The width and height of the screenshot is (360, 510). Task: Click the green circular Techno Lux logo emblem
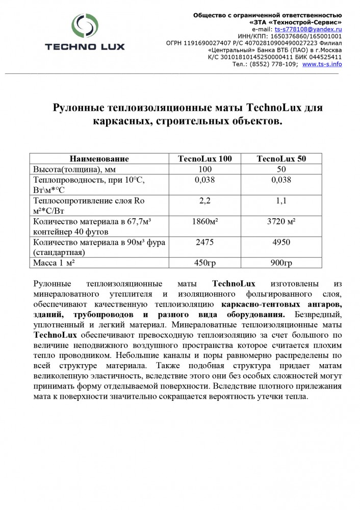click(84, 27)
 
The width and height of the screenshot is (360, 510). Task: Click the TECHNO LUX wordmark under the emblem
click(85, 47)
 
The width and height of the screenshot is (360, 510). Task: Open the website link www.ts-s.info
click(322, 64)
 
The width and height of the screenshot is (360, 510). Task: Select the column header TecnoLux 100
click(204, 159)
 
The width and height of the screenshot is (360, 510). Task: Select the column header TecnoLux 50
click(281, 159)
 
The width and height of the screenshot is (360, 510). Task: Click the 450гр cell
click(204, 263)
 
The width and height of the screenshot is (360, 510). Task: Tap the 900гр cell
click(281, 263)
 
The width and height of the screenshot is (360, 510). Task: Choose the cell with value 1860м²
click(204, 221)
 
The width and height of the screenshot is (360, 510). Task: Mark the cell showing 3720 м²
click(281, 221)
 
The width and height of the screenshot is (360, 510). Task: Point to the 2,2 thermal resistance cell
click(204, 200)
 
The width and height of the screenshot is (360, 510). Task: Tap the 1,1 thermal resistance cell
click(281, 200)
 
